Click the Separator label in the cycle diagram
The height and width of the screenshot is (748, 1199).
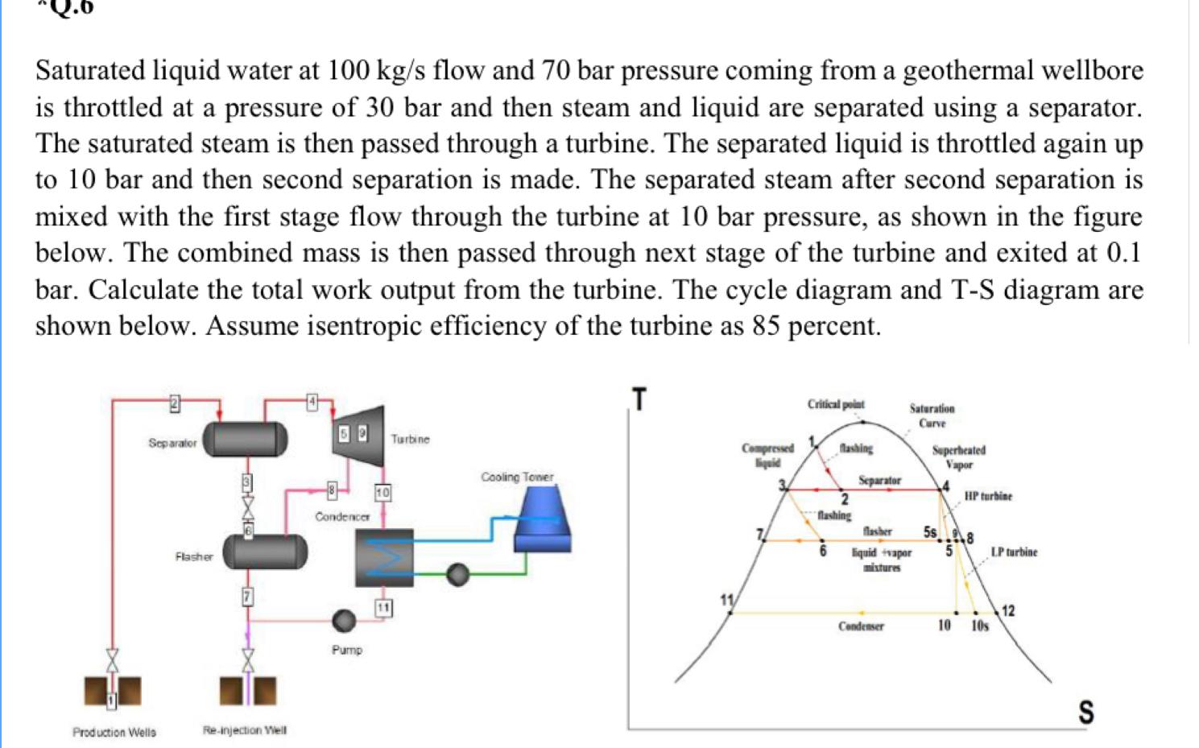[172, 443]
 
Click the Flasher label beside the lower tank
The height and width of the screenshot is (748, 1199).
[193, 556]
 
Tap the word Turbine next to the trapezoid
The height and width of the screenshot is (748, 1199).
[410, 440]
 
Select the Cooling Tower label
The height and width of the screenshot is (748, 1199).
[517, 477]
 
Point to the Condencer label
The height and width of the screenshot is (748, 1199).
[342, 516]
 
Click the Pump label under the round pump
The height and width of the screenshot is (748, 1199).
[347, 650]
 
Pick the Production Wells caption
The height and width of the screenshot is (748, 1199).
[114, 732]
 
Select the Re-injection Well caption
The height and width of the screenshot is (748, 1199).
[245, 730]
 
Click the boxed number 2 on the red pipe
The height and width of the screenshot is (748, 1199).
[173, 403]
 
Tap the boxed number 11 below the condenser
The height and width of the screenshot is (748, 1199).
[383, 608]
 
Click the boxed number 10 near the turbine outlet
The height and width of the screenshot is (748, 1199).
[382, 492]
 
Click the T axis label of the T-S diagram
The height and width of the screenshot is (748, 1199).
[639, 399]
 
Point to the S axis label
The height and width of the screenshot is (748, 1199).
[1085, 712]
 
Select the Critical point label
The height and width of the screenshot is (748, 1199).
[836, 404]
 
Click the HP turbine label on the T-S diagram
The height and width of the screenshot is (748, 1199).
[988, 496]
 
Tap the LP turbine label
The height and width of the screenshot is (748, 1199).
[1014, 552]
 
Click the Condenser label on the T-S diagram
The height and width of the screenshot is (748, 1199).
[861, 626]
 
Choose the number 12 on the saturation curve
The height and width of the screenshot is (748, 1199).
[1008, 611]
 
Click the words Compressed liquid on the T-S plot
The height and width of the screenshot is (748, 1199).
[767, 455]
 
